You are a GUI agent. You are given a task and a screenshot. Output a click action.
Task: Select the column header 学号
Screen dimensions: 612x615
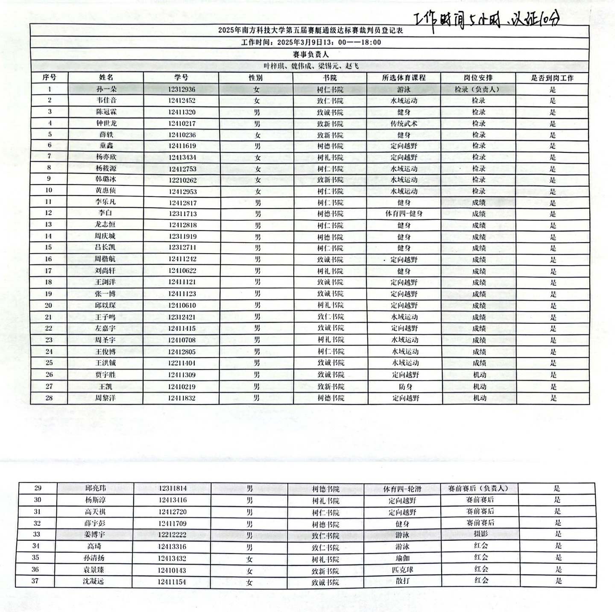(x=181, y=77)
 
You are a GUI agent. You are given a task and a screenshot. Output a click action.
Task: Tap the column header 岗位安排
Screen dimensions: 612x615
(x=478, y=78)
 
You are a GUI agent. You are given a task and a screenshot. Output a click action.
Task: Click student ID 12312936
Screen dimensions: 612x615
(x=182, y=89)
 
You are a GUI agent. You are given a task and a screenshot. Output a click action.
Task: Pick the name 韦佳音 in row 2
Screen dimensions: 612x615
(x=106, y=100)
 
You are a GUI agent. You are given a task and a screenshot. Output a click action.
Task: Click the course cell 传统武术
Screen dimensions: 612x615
(x=404, y=123)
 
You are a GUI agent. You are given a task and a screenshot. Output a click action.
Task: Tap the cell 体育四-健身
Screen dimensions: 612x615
(x=404, y=214)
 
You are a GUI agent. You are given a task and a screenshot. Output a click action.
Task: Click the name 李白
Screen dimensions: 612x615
(x=105, y=213)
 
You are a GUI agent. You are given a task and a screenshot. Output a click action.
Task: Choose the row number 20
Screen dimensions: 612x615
(x=48, y=305)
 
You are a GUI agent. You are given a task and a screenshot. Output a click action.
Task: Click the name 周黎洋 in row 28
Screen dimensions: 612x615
(x=105, y=398)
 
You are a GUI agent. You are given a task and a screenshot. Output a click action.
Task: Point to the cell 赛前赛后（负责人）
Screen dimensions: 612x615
(x=478, y=489)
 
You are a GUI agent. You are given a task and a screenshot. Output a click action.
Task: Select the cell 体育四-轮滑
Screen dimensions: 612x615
(x=402, y=489)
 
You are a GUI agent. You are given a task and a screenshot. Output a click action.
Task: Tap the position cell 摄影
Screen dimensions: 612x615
(x=480, y=534)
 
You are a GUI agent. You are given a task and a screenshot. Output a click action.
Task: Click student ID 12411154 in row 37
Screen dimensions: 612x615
(x=171, y=582)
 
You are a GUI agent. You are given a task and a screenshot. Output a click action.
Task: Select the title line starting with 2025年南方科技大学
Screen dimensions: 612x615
(x=310, y=31)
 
